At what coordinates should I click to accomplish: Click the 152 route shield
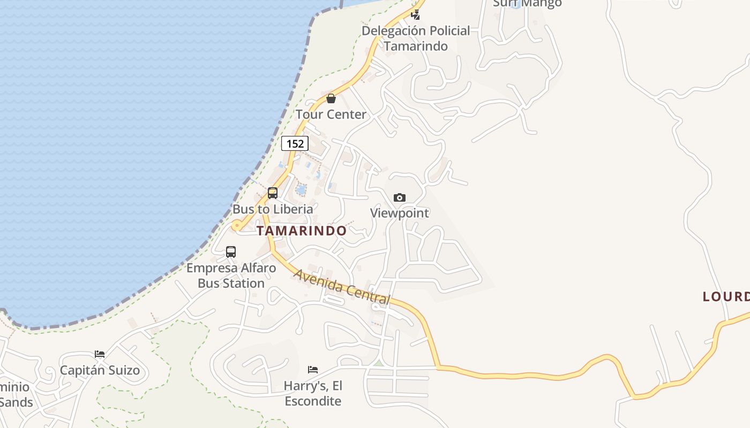click(295, 143)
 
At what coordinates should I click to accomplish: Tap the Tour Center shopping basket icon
click(331, 98)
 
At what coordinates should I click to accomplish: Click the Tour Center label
click(331, 114)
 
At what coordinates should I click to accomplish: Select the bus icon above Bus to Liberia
click(273, 193)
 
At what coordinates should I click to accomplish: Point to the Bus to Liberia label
click(273, 209)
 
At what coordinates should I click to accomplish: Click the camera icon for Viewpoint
click(399, 197)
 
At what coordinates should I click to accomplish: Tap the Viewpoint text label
click(400, 213)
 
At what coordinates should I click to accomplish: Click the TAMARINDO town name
click(302, 231)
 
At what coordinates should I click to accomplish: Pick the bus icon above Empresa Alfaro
click(231, 251)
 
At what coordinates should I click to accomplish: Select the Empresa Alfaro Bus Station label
click(231, 276)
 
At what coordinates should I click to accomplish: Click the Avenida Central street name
click(342, 287)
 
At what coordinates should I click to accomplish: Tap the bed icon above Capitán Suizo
click(100, 354)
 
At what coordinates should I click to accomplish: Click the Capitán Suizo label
click(100, 370)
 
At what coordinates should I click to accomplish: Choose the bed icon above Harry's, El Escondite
click(313, 370)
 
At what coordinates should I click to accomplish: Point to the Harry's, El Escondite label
click(313, 393)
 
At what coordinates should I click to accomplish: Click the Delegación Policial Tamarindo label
click(416, 38)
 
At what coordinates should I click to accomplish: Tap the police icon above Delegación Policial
click(416, 14)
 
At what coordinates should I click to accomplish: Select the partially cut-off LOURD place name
click(726, 296)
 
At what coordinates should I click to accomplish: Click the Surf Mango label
click(527, 4)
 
